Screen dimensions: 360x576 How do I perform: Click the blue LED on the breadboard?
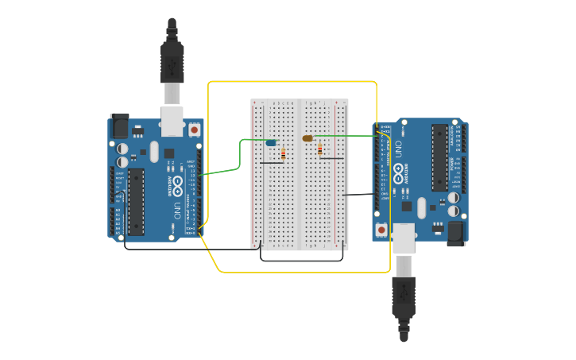pyautogui.click(x=271, y=142)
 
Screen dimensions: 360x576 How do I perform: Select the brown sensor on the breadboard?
pyautogui.click(x=307, y=138)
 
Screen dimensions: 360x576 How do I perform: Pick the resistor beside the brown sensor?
pyautogui.click(x=320, y=149)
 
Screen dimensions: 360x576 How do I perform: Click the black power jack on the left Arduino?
pyautogui.click(x=119, y=125)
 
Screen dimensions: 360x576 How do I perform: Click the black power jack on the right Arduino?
pyautogui.click(x=456, y=233)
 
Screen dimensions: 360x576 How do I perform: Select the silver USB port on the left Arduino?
pyautogui.click(x=172, y=121)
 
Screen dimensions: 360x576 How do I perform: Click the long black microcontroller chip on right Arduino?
pyautogui.click(x=439, y=157)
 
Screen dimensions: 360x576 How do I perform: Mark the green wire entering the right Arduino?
pyautogui.click(x=350, y=136)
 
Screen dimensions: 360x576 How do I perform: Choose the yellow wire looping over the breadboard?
pyautogui.click(x=292, y=82)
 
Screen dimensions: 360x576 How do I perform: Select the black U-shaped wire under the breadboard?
pyautogui.click(x=303, y=260)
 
